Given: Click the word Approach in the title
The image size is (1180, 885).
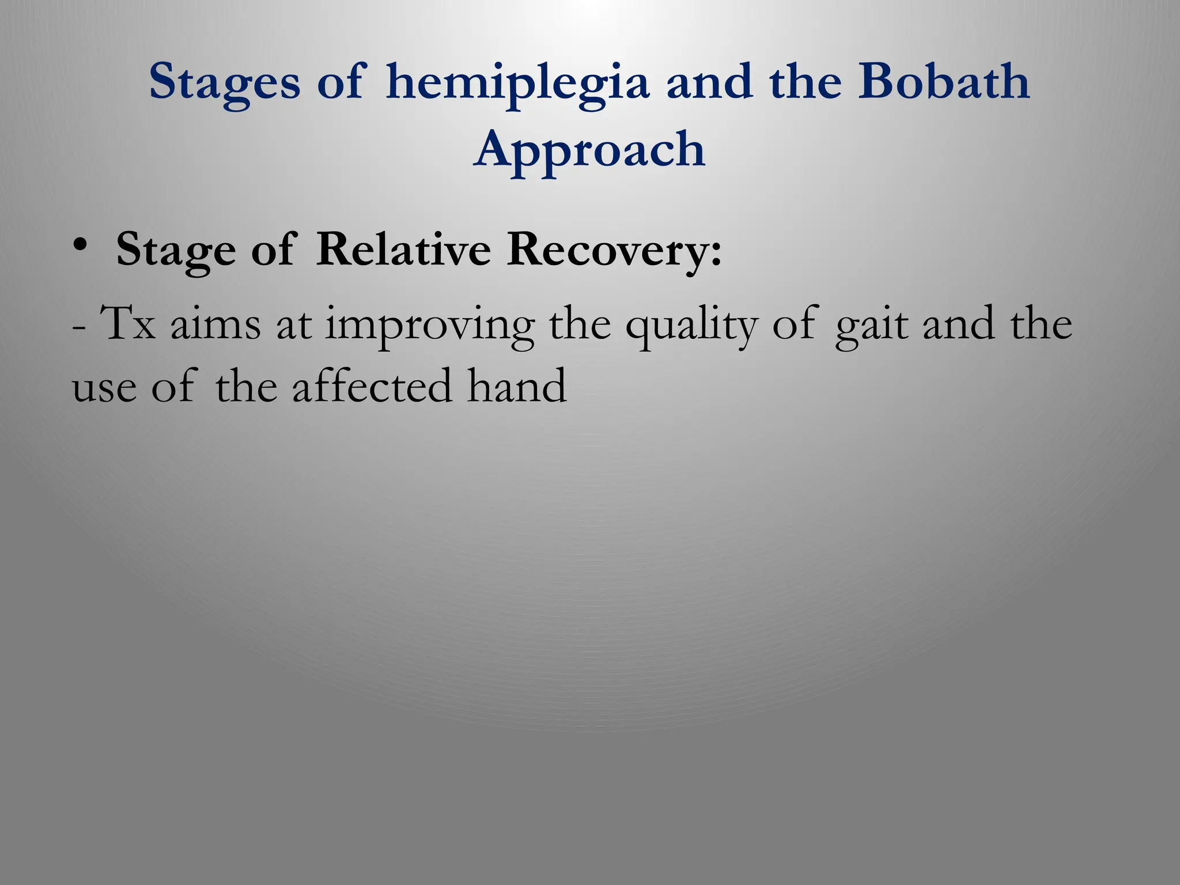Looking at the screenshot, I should [x=589, y=150].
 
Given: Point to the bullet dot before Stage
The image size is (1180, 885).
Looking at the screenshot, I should [x=80, y=246].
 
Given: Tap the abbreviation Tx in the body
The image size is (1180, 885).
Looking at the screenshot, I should [x=128, y=324].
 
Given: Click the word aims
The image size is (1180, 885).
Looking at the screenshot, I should [x=215, y=324].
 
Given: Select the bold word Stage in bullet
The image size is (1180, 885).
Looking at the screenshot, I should [x=176, y=251].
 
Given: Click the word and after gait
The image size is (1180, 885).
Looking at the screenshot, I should [x=958, y=324].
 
